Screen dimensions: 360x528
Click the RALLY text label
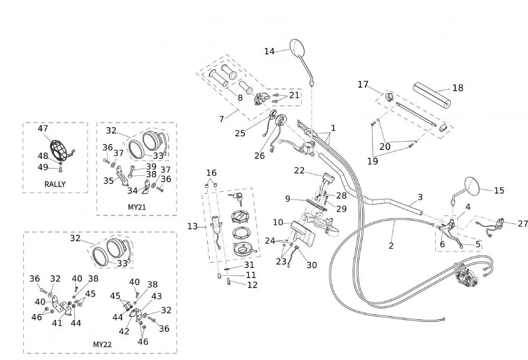pos(55,184)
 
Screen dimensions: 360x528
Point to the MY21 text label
pos(137,207)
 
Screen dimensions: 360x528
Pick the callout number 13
pos(192,226)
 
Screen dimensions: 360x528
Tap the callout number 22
pos(299,170)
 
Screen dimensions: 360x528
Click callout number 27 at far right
pos(522,224)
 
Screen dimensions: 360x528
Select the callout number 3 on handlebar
pos(420,197)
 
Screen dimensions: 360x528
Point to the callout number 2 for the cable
pos(391,245)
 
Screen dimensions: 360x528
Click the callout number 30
pos(312,265)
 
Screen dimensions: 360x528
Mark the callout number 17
pos(363,84)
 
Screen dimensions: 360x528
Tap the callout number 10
pos(278,222)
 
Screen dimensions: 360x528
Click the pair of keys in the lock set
pos(235,198)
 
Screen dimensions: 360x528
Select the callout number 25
pos(240,133)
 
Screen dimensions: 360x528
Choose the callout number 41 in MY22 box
pos(57,323)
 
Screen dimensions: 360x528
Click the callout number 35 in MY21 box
pos(109,181)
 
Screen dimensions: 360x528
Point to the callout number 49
pos(43,167)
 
